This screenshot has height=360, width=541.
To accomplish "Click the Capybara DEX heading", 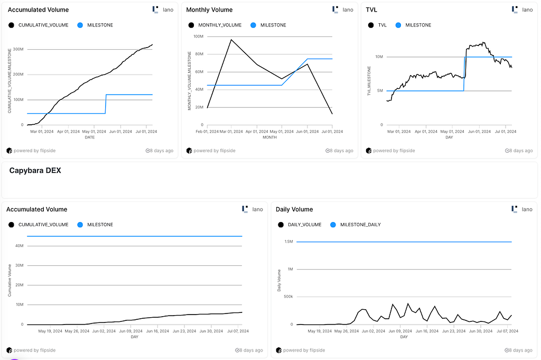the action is (x=35, y=171).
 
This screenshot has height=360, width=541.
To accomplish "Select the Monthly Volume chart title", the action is (x=209, y=10).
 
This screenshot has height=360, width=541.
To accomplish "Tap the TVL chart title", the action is (x=371, y=10).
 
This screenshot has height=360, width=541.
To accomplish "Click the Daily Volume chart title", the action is (x=294, y=209).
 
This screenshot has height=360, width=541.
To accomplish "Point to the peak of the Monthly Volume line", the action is (x=231, y=40).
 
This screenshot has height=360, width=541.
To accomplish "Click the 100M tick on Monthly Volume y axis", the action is (x=199, y=36).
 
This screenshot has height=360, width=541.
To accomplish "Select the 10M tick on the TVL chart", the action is (x=379, y=57).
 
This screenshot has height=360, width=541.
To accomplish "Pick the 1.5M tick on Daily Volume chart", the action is (x=289, y=242).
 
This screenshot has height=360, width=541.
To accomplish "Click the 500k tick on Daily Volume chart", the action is (x=288, y=297).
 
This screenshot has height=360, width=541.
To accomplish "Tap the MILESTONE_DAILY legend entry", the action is (x=356, y=225).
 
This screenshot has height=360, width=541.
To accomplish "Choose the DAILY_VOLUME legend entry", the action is (x=300, y=225).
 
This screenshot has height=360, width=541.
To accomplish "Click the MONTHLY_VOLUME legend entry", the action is (x=215, y=25).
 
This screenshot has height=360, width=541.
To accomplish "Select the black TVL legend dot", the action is (x=371, y=25).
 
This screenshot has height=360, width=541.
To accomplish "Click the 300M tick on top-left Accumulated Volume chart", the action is (x=18, y=49).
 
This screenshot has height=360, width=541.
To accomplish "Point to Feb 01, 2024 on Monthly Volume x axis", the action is (x=207, y=132).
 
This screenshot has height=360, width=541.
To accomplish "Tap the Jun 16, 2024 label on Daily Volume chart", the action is (x=427, y=331).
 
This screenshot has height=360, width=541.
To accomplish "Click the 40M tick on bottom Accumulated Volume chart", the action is (x=20, y=246).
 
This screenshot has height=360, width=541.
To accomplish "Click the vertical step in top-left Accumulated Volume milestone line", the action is (x=106, y=104).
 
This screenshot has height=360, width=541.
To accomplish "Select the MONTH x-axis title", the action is (x=269, y=137).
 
